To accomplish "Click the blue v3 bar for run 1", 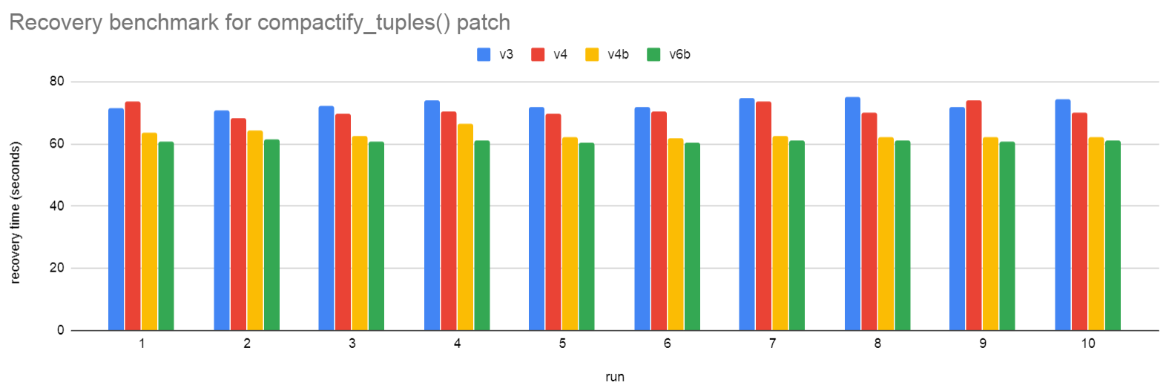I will (x=116, y=219).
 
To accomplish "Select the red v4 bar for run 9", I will (x=974, y=215).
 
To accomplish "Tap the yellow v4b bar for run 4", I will (x=465, y=227).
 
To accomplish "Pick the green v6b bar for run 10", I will (x=1113, y=235).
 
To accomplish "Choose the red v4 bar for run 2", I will (x=238, y=224).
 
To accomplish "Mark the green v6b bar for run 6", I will (x=692, y=236).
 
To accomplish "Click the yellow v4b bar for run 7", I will (x=780, y=233).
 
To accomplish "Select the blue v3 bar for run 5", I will (x=536, y=219).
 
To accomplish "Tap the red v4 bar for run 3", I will (x=343, y=222).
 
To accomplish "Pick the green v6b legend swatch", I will (x=653, y=54).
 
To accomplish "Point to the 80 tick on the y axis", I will (x=57, y=81).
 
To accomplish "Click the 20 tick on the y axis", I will (x=57, y=268).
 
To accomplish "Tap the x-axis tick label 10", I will (x=1087, y=344).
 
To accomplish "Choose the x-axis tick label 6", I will (x=667, y=344).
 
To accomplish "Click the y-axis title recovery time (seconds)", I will (x=15, y=212).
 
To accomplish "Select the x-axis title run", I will (x=615, y=377).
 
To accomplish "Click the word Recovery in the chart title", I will (x=56, y=22).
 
